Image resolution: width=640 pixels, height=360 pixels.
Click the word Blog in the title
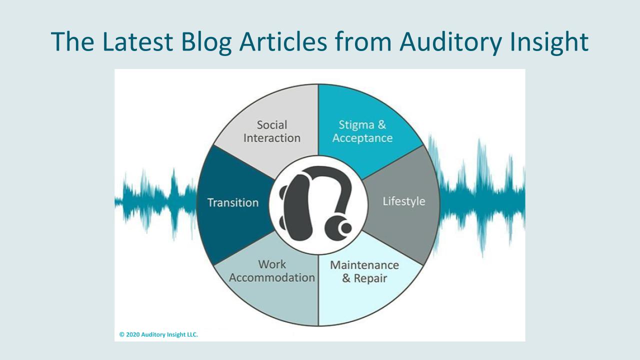[x=206, y=42]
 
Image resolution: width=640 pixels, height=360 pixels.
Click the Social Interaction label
[x=271, y=131]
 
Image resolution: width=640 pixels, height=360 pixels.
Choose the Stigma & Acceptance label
[x=362, y=131]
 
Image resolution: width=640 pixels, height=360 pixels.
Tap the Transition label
[x=233, y=202]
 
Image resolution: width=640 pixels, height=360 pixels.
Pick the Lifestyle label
[x=403, y=201]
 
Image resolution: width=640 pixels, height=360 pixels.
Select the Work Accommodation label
[x=271, y=271]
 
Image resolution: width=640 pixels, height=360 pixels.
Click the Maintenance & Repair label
[x=364, y=271]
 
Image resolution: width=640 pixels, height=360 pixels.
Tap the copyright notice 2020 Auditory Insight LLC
[x=158, y=334]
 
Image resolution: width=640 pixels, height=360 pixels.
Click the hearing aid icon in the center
[x=317, y=203]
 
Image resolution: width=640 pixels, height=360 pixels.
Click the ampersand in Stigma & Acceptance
[x=381, y=125]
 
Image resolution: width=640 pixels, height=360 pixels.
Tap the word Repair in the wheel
[x=370, y=278]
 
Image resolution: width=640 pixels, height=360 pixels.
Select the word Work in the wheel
[x=272, y=264]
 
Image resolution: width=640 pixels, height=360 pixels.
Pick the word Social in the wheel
[x=271, y=125]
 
